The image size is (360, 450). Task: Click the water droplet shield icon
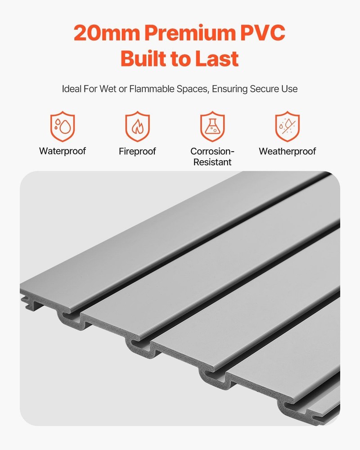(62, 126)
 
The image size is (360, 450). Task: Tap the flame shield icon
(137, 126)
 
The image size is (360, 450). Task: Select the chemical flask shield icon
(212, 126)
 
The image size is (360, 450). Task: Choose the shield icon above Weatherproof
(288, 126)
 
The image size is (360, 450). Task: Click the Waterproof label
(62, 151)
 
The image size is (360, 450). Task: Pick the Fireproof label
(137, 151)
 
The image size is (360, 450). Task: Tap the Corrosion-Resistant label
(212, 157)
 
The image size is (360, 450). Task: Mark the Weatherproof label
(288, 151)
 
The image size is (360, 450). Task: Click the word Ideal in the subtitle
(72, 89)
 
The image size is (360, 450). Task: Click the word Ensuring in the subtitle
(229, 89)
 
